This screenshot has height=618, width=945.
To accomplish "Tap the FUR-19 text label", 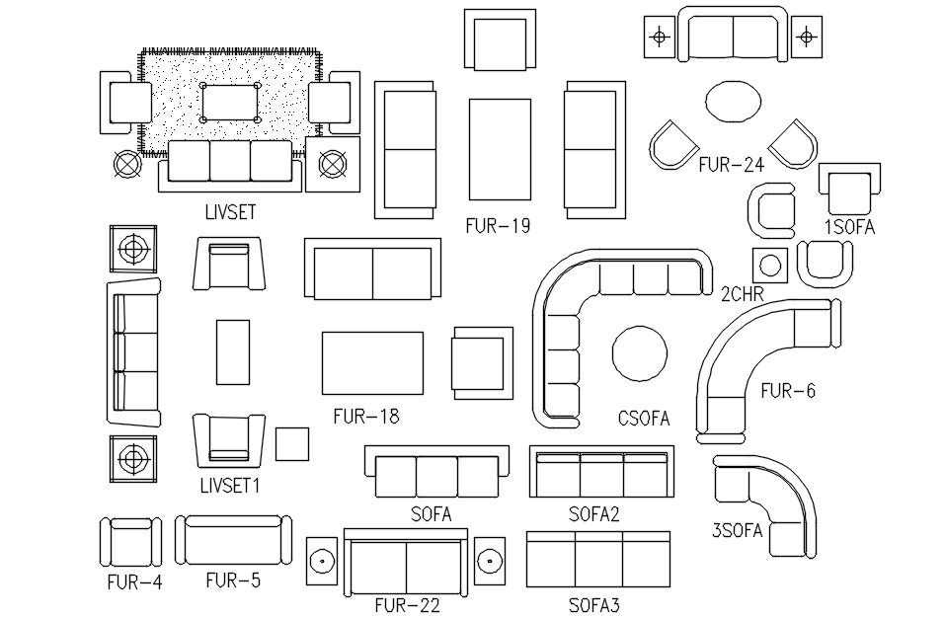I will click(x=498, y=226).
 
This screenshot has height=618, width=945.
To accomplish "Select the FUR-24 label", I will click(x=731, y=165).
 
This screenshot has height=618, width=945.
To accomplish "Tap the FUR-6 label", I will click(x=787, y=391).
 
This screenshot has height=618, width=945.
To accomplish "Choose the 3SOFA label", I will click(x=737, y=531).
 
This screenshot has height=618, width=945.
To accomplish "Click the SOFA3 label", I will click(x=593, y=604).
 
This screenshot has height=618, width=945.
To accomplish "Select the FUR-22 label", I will click(x=407, y=604).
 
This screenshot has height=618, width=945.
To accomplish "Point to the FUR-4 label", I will click(x=133, y=581).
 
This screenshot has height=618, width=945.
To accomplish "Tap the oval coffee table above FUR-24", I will click(x=733, y=102).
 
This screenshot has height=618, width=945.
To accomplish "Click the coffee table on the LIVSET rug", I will click(x=231, y=102).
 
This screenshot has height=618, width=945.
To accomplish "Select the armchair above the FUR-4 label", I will click(x=129, y=542).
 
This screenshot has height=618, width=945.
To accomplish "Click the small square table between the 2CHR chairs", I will click(x=770, y=266).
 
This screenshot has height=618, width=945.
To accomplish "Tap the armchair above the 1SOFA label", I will click(x=848, y=189).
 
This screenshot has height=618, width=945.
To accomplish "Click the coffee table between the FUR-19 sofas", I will click(x=500, y=148).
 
